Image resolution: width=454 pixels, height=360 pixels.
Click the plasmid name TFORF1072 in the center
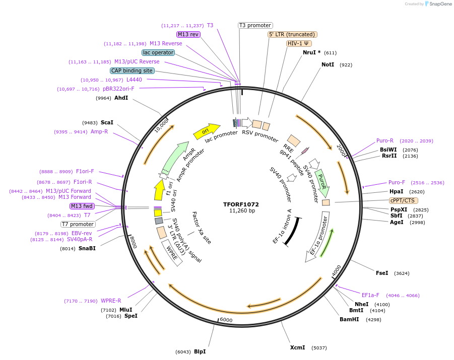(x=241, y=204)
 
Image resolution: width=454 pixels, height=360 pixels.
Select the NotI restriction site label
(x=328, y=64)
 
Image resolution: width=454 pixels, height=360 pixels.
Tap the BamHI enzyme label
(x=349, y=319)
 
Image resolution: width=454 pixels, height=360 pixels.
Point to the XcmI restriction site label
(x=297, y=347)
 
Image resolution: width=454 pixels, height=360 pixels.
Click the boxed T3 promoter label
(x=255, y=25)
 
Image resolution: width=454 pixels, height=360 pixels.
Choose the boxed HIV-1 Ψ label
(x=298, y=43)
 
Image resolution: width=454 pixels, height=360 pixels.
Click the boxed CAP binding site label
(x=132, y=71)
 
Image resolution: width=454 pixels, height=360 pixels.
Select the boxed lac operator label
(x=158, y=52)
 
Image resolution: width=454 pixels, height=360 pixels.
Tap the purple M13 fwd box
(x=82, y=206)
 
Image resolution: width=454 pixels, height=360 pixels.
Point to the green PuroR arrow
(x=322, y=183)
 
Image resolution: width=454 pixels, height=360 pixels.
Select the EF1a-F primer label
(x=370, y=295)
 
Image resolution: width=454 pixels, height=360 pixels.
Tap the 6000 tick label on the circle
(x=226, y=320)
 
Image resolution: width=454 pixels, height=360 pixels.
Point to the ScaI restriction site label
(x=107, y=122)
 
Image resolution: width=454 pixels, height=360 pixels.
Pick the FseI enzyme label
(x=382, y=273)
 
